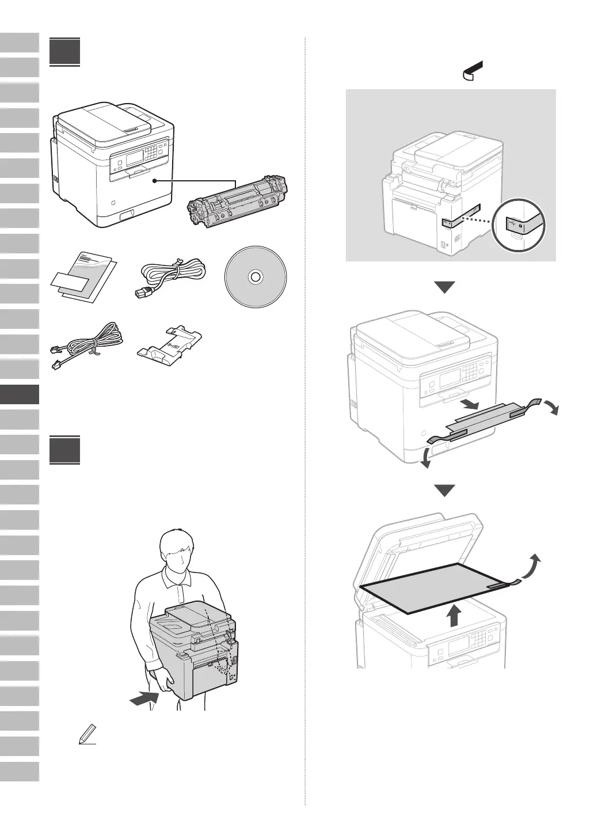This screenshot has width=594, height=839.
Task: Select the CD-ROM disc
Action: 254,277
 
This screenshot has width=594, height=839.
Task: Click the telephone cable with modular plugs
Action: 87,346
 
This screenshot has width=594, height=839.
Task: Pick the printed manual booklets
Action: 84,279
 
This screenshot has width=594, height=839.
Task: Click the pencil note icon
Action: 87,735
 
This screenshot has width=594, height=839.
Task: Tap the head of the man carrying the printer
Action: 179,549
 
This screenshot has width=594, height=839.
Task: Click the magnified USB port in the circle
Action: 519,225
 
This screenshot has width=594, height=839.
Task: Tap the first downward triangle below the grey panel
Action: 444,287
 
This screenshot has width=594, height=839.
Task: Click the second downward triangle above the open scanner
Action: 444,491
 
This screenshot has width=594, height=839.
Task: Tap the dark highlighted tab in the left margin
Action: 20,394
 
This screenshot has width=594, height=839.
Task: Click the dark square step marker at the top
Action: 64,52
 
